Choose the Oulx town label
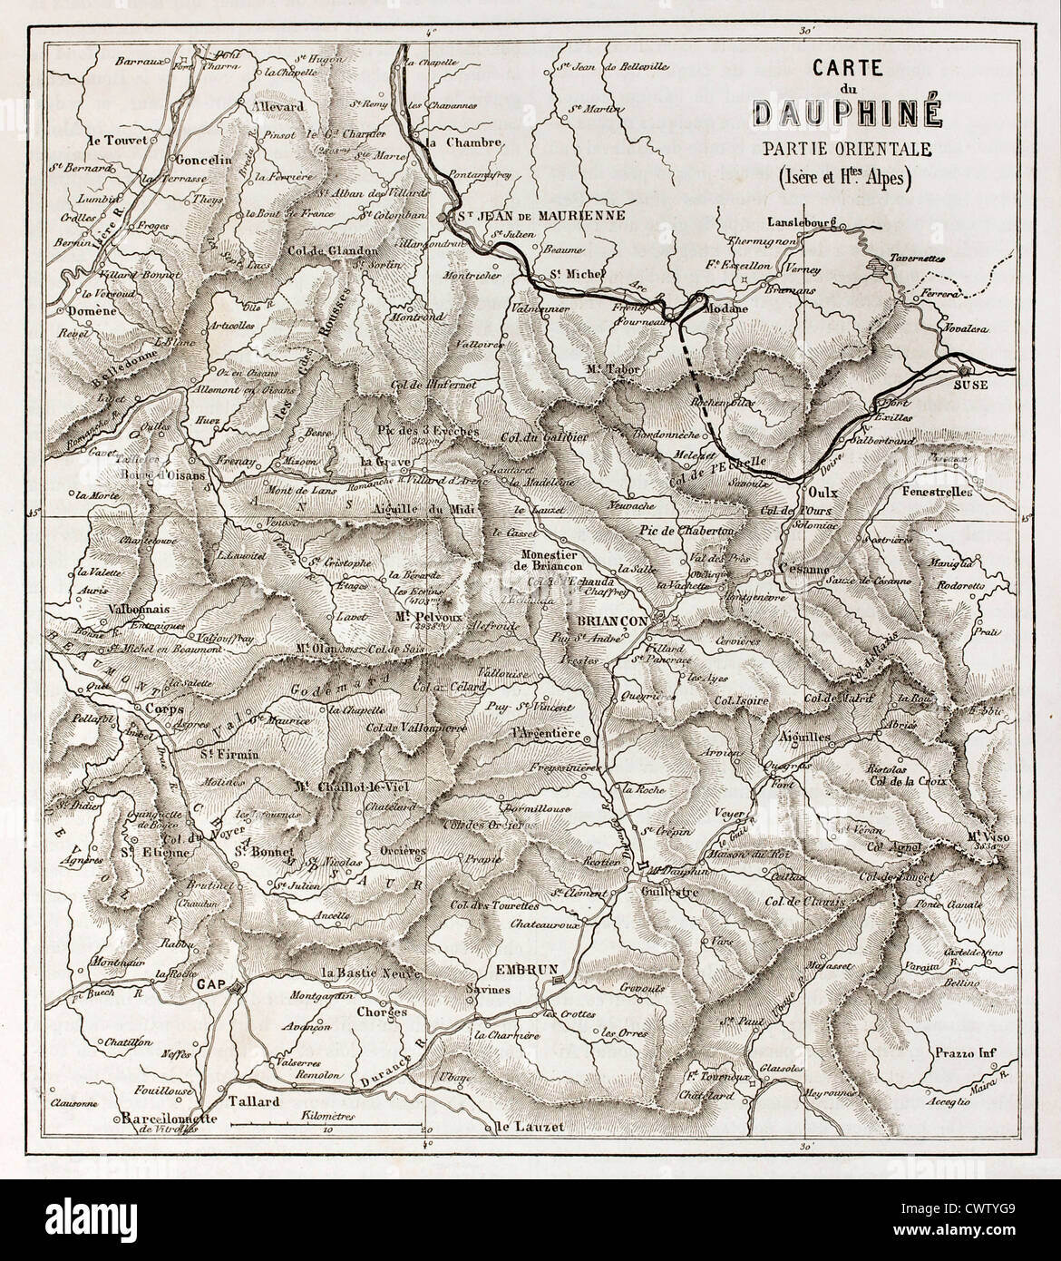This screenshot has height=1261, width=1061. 820,491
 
